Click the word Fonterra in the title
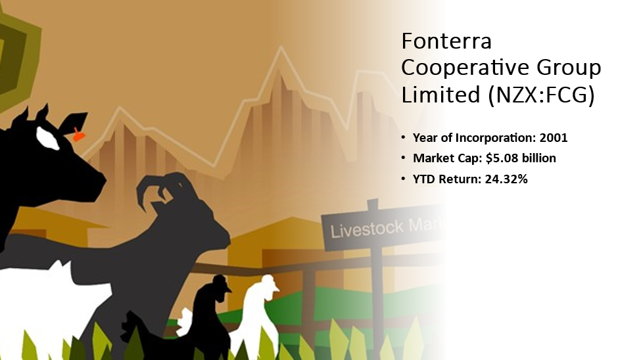coord(446,41)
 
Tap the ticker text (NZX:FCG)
coord(541,95)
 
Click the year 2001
coord(554,138)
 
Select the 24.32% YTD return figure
coord(506,179)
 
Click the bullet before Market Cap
coord(404,158)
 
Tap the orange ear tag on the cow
coord(78,135)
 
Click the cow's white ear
coord(48,138)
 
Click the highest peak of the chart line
coord(281,47)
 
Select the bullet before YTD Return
coord(404,179)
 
